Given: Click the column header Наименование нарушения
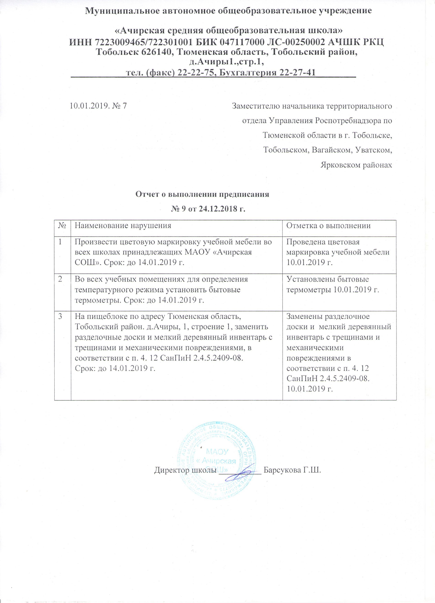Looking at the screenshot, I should click(x=123, y=226).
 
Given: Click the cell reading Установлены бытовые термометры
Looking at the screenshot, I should click(x=333, y=285).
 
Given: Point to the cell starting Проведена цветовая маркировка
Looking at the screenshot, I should click(x=338, y=252).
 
